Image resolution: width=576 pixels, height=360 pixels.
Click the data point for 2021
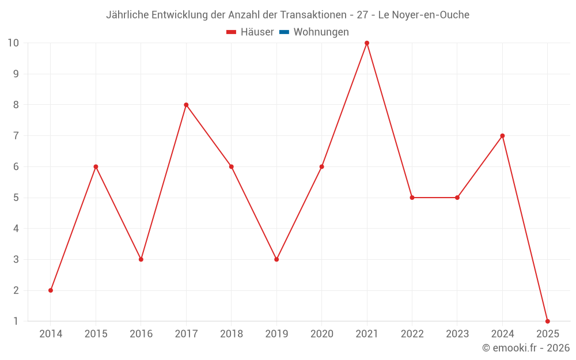click(367, 43)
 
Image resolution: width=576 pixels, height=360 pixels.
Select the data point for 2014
click(51, 290)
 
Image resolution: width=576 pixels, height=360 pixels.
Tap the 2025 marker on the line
click(547, 321)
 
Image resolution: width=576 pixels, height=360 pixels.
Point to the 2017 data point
click(186, 105)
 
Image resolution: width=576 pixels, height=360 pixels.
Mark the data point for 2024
click(502, 136)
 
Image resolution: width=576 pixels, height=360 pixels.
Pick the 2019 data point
click(276, 259)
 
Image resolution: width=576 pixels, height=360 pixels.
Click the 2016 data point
click(141, 259)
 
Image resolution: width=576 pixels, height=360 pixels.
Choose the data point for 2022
click(412, 198)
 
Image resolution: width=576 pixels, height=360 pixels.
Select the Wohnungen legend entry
click(321, 32)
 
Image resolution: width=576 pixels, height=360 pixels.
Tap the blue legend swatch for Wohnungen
click(284, 32)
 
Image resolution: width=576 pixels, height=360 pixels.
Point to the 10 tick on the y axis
click(13, 43)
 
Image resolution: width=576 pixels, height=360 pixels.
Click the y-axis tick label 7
click(16, 136)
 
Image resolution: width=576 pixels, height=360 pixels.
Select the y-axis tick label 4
click(16, 229)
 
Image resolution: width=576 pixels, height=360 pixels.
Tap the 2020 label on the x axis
click(321, 334)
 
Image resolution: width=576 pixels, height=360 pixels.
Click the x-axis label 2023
click(457, 334)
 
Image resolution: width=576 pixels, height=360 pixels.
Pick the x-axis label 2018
click(231, 334)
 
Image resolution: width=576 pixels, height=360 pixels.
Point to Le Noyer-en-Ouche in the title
click(423, 15)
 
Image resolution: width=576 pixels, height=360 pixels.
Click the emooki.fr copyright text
click(526, 348)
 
